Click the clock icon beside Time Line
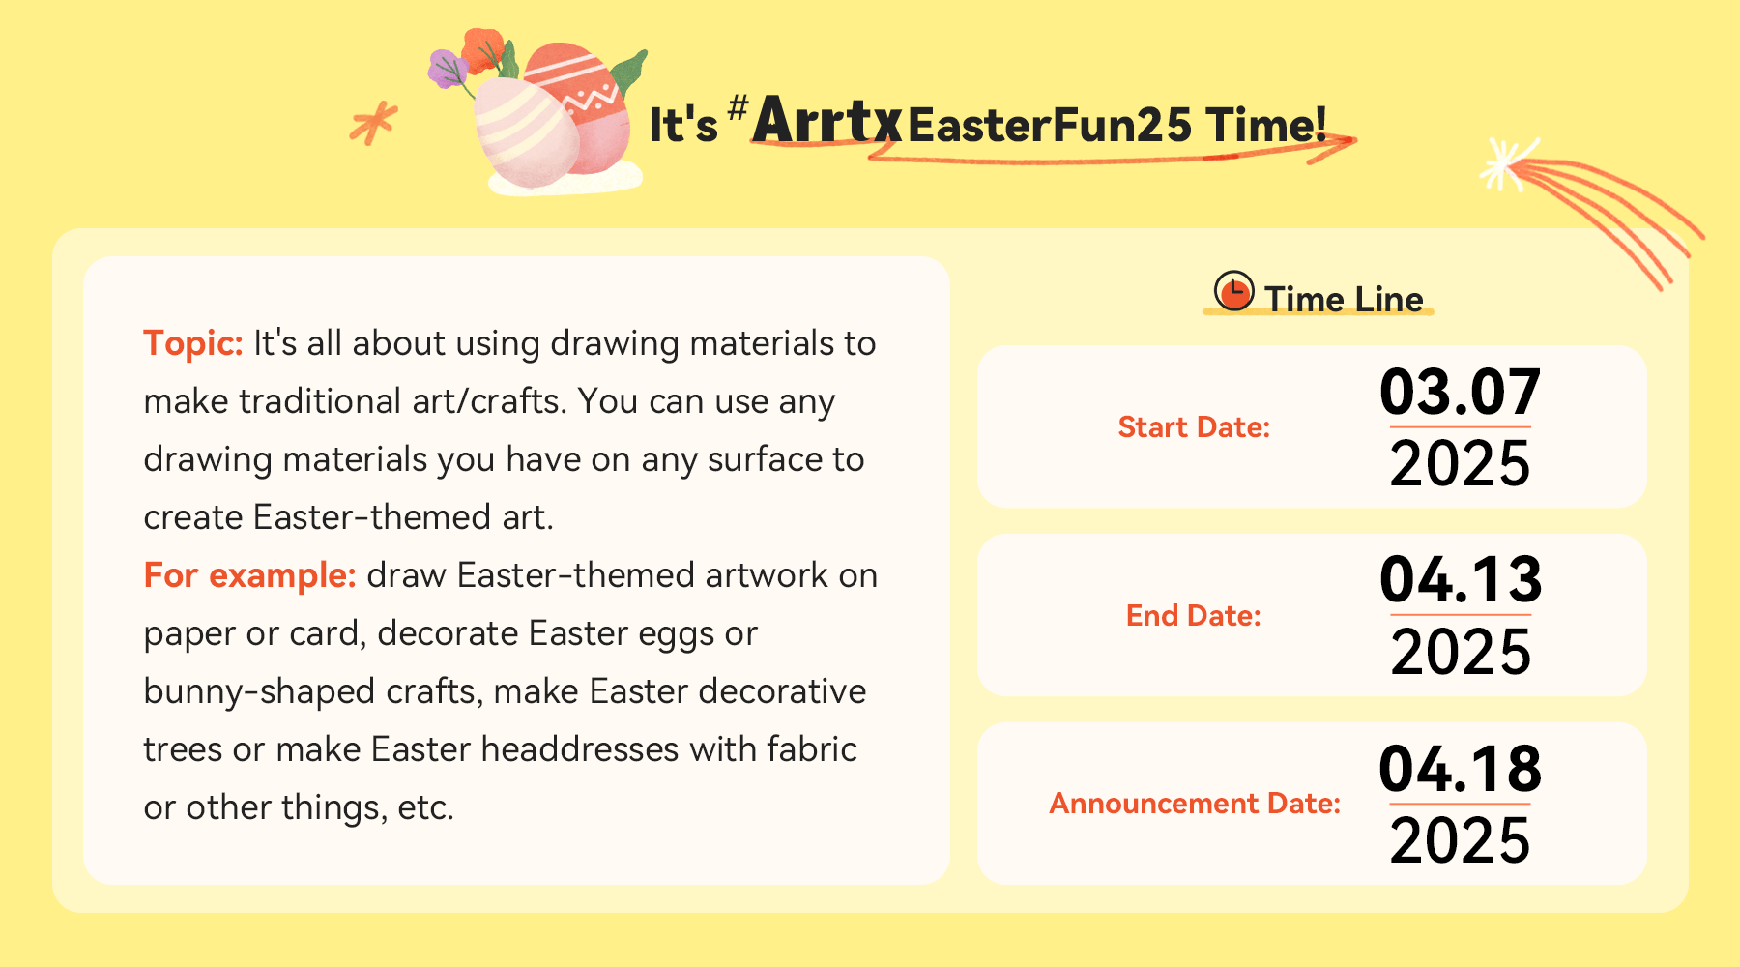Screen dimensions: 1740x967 coord(1233,291)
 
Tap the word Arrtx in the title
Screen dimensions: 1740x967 coord(826,121)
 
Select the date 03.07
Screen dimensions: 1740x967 coord(1460,392)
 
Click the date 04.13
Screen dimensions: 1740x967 coord(1461,579)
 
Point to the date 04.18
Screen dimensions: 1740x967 coord(1460,769)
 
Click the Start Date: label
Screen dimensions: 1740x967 coord(1194,427)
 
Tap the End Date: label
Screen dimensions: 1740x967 coord(1194,616)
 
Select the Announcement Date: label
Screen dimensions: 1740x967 coord(1195,804)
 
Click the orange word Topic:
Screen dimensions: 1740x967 coord(193,343)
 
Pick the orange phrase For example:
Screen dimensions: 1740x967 coord(249,576)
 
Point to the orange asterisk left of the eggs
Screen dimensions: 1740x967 coord(373,123)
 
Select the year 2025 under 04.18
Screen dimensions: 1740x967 coord(1460,840)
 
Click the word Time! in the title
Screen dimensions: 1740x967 coord(1265,126)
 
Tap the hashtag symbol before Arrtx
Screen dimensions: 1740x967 coord(738,107)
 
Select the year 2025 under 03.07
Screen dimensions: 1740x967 coord(1460,463)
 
